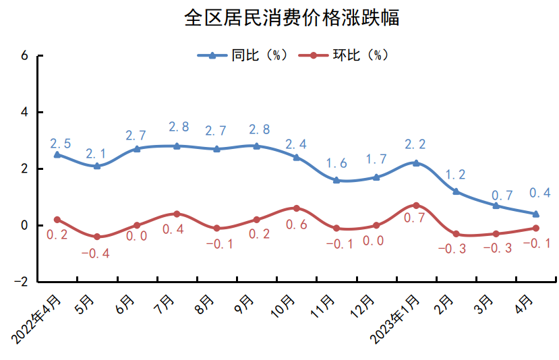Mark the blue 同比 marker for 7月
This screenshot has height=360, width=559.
177,146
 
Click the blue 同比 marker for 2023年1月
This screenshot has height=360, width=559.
416,162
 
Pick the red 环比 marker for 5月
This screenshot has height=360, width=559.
97,237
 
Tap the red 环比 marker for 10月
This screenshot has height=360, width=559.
297,208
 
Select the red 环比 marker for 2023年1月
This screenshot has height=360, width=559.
416,205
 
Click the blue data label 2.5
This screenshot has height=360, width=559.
61,143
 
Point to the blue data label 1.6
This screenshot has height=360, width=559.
336,164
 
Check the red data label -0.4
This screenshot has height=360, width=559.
96,254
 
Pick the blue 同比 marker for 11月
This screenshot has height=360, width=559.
336,180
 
